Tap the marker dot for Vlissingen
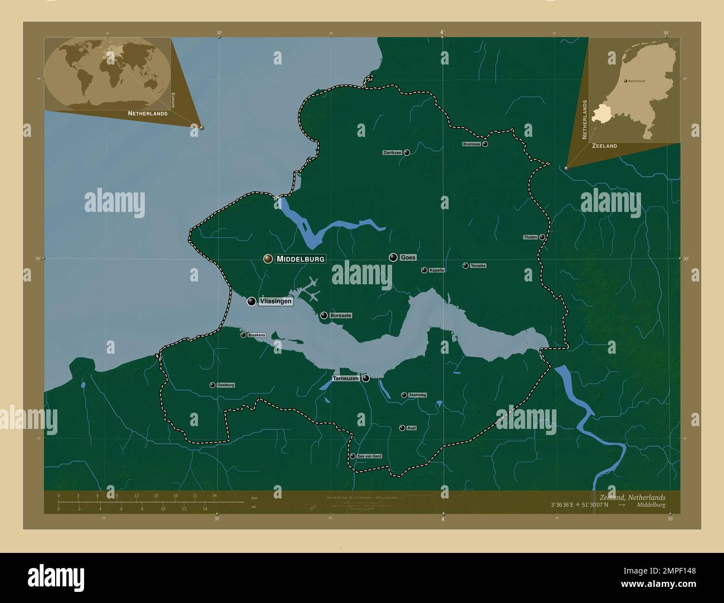(252, 301)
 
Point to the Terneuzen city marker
(366, 378)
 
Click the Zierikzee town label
(392, 152)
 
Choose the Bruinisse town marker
(485, 144)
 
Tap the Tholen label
(530, 238)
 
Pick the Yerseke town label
(478, 266)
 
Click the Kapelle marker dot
(424, 270)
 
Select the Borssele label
(341, 315)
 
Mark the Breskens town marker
(243, 335)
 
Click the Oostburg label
(226, 385)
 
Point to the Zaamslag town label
(418, 395)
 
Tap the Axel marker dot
(402, 428)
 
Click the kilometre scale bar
(150, 502)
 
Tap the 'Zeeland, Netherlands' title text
(632, 497)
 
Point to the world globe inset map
(107, 73)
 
